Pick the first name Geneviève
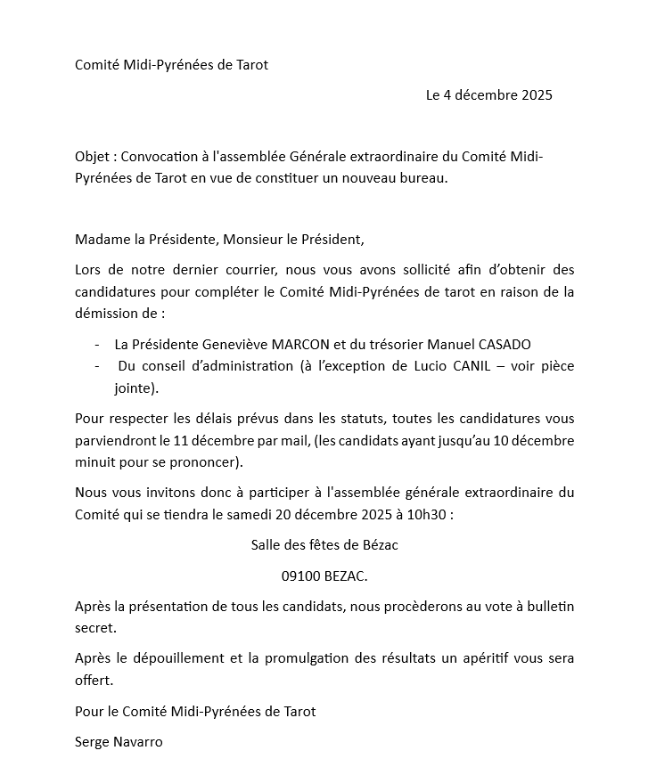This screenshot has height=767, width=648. (226, 345)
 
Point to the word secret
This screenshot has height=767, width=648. (95, 627)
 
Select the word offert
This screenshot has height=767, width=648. (94, 680)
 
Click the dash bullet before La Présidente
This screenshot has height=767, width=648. (96, 345)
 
